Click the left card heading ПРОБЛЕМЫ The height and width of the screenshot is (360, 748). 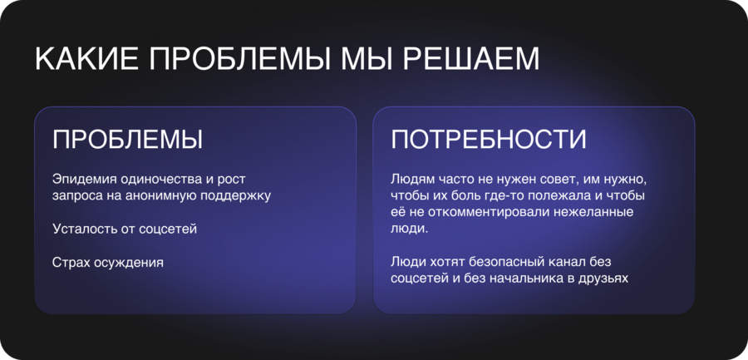click(x=128, y=140)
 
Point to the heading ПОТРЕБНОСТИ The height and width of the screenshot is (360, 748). click(x=489, y=140)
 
